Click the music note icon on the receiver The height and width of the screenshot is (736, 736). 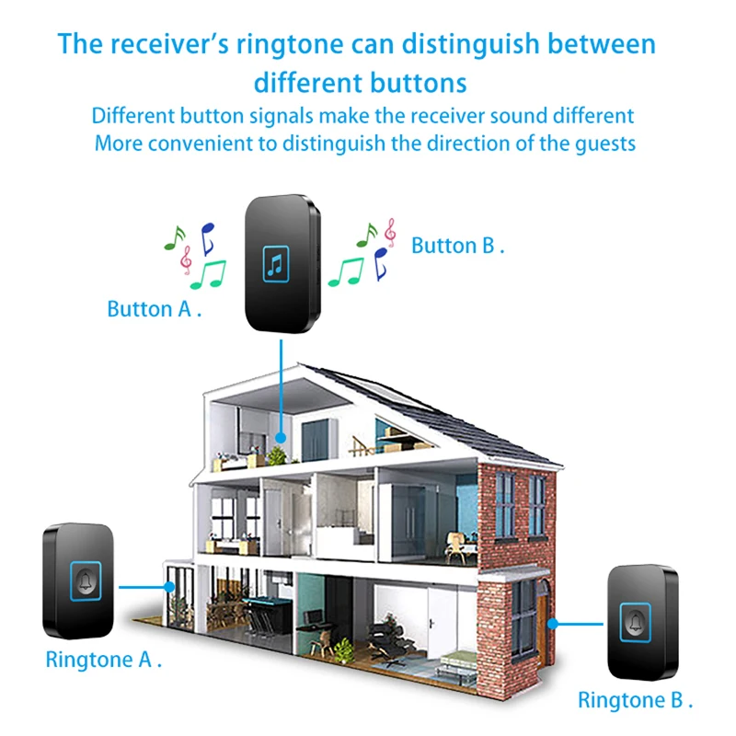click(277, 265)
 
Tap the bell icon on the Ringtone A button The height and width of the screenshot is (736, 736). click(87, 580)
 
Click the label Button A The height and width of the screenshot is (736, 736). click(154, 309)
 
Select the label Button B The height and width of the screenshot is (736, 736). click(457, 246)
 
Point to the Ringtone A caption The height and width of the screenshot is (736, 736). click(104, 660)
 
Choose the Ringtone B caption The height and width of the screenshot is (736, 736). click(636, 700)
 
